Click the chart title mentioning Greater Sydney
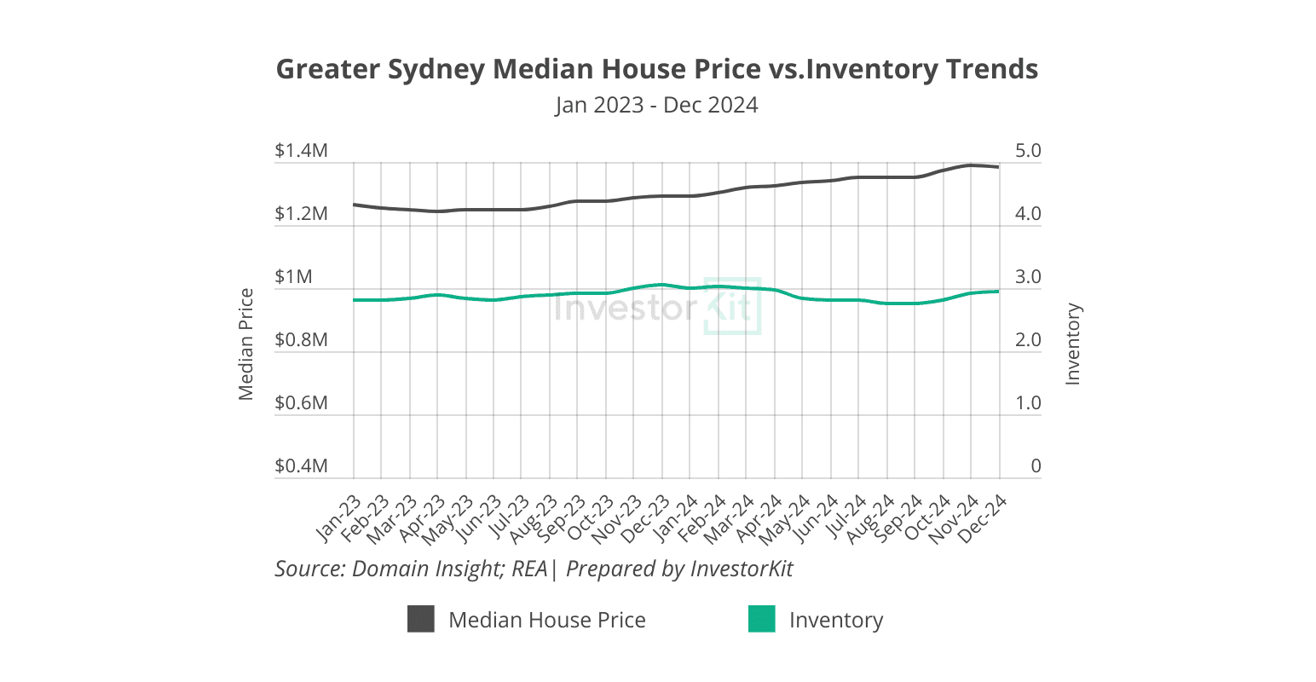(x=657, y=69)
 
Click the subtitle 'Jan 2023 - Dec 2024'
(x=656, y=105)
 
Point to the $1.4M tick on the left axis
(x=301, y=151)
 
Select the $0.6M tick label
(x=301, y=402)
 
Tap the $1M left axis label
(x=293, y=277)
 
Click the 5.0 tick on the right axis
(x=1024, y=151)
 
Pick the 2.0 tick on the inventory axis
(x=1024, y=340)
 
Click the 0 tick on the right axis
(x=1036, y=466)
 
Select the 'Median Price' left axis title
(x=246, y=344)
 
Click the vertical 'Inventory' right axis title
(x=1073, y=344)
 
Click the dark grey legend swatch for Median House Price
(x=421, y=620)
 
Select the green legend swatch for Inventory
(x=761, y=620)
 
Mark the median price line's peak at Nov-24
(x=971, y=165)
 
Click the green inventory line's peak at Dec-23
(x=661, y=285)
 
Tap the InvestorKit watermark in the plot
(x=656, y=307)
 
